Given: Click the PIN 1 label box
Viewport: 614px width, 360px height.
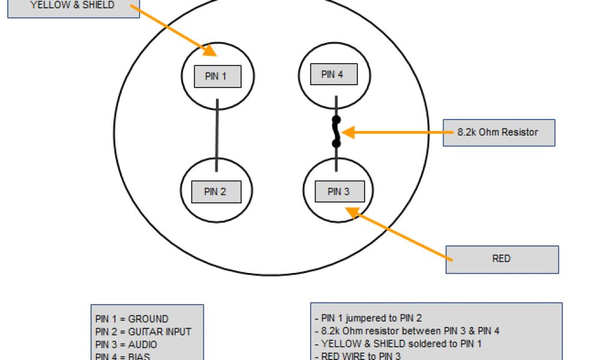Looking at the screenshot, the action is click(x=218, y=76).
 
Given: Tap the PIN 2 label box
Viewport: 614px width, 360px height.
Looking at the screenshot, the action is click(x=216, y=192).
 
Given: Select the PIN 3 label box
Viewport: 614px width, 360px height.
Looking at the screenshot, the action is click(x=339, y=192).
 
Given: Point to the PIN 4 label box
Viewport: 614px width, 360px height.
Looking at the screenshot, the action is click(x=333, y=74).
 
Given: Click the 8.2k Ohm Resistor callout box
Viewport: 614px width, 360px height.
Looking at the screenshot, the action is click(x=499, y=132).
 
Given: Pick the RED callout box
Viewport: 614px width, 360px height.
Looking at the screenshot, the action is click(x=502, y=259).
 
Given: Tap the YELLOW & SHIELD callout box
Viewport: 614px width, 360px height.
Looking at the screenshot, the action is click(x=73, y=6).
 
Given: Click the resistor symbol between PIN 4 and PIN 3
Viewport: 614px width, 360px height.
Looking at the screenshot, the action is click(x=336, y=132).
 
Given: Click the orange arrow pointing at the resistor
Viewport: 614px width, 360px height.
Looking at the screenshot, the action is click(x=390, y=132).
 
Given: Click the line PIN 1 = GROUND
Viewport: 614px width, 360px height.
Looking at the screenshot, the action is click(x=132, y=319).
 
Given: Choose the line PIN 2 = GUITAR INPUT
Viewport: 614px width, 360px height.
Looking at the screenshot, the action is click(x=143, y=331).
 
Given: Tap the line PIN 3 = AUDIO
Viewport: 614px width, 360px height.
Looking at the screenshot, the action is click(x=127, y=344).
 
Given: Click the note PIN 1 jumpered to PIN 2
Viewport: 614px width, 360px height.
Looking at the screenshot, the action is click(x=372, y=318).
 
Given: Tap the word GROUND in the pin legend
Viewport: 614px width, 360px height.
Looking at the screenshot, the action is click(x=148, y=319).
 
